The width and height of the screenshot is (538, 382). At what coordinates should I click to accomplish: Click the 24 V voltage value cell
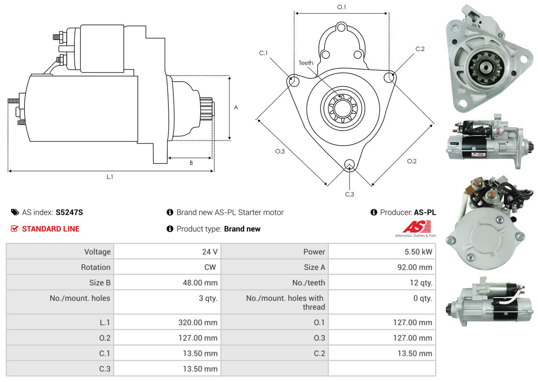[x=209, y=252]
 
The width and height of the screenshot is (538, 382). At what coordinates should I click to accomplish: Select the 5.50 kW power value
[x=418, y=252]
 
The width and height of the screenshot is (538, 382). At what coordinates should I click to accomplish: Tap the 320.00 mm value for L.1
[x=198, y=322]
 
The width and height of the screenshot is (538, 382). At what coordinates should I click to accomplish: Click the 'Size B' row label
[x=100, y=283]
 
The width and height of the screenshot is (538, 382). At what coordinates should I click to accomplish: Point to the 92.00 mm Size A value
[x=414, y=267]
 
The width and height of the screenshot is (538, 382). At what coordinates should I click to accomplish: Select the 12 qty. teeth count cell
[x=421, y=283]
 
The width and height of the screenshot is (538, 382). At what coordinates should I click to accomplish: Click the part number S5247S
[x=69, y=212]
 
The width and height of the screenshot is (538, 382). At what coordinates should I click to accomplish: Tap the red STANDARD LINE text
[x=51, y=229]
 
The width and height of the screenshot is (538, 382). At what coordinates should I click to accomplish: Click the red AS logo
[x=417, y=227]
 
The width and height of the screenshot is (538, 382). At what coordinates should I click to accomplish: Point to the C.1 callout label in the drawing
[x=263, y=53]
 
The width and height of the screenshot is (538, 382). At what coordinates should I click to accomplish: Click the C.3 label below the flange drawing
[x=350, y=194]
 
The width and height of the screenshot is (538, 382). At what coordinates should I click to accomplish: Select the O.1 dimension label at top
[x=341, y=7]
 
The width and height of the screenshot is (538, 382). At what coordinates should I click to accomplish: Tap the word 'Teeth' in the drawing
[x=306, y=63]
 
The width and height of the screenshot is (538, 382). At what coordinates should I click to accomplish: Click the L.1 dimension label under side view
[x=110, y=177]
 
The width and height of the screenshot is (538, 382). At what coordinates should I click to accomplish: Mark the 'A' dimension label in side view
[x=236, y=108]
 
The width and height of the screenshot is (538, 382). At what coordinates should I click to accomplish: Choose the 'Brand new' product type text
[x=242, y=229]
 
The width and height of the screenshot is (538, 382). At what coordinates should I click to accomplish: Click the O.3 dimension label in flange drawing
[x=280, y=151]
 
